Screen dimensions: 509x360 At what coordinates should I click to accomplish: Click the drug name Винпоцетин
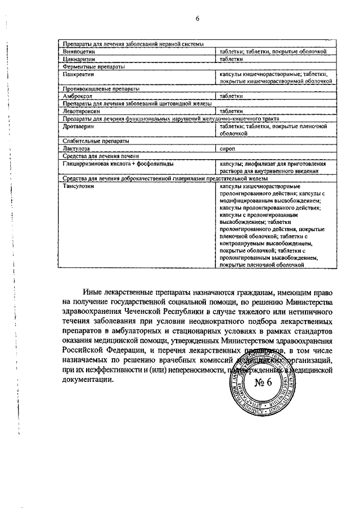click(78, 52)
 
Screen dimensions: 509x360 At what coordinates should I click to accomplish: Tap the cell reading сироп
click(228, 148)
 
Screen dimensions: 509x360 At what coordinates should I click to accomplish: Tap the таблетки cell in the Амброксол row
click(231, 96)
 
